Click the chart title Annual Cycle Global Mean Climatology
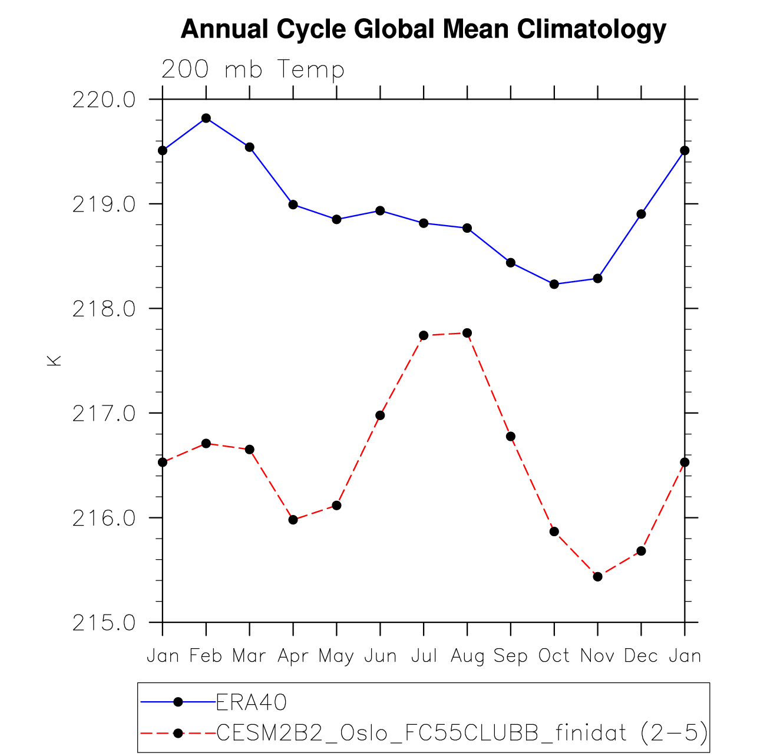coord(423,29)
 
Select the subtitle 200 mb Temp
coord(253,70)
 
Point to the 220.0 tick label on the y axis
coord(104,100)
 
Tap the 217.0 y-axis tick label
coord(104,414)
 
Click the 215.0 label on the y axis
coord(104,623)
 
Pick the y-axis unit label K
coord(54,361)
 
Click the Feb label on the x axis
coord(206,656)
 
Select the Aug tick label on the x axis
coord(467,656)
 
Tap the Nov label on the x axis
coord(597,656)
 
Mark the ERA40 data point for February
coord(206,118)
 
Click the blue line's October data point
coord(554,284)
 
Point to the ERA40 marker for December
coord(641,214)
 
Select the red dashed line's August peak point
coord(467,333)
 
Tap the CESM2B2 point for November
coord(597,576)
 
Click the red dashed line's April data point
coord(293,520)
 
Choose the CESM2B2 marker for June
coord(380,415)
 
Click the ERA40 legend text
coord(252,702)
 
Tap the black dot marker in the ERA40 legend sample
coord(178,702)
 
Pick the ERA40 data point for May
coord(336,219)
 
